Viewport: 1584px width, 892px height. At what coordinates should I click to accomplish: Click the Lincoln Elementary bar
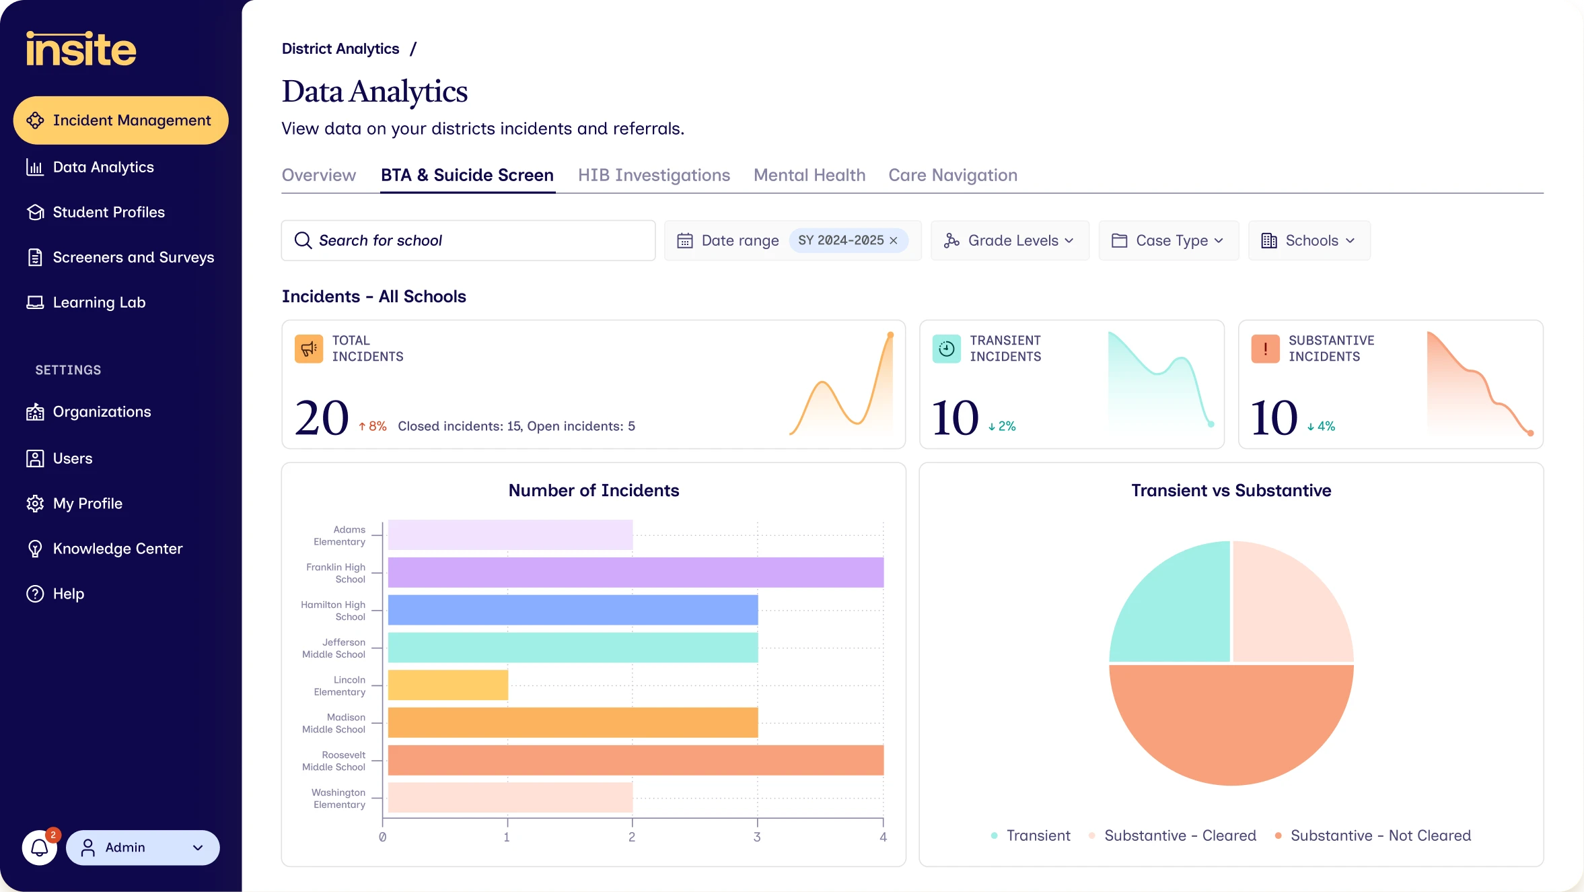[448, 685]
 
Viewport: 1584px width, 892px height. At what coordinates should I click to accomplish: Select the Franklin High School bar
[636, 572]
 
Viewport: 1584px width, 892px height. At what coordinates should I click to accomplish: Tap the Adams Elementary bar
[510, 535]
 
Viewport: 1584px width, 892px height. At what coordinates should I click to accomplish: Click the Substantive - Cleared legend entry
[1173, 835]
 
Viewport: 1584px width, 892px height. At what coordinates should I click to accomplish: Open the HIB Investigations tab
[654, 175]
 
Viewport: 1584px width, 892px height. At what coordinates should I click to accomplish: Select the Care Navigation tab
[953, 175]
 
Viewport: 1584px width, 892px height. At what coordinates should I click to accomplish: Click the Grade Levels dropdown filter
[1010, 240]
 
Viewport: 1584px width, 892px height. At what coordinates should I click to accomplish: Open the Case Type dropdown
[1169, 240]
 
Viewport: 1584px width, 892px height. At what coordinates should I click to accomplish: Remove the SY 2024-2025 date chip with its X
[894, 240]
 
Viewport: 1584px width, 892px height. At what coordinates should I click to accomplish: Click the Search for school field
[468, 240]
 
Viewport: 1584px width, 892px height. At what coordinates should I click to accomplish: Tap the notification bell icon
[40, 848]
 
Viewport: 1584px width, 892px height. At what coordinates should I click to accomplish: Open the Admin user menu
[143, 848]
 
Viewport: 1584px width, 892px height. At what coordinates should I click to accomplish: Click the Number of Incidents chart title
[594, 490]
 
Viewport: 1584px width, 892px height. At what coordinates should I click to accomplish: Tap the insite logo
[81, 49]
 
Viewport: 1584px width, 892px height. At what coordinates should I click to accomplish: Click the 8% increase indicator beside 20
[372, 426]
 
